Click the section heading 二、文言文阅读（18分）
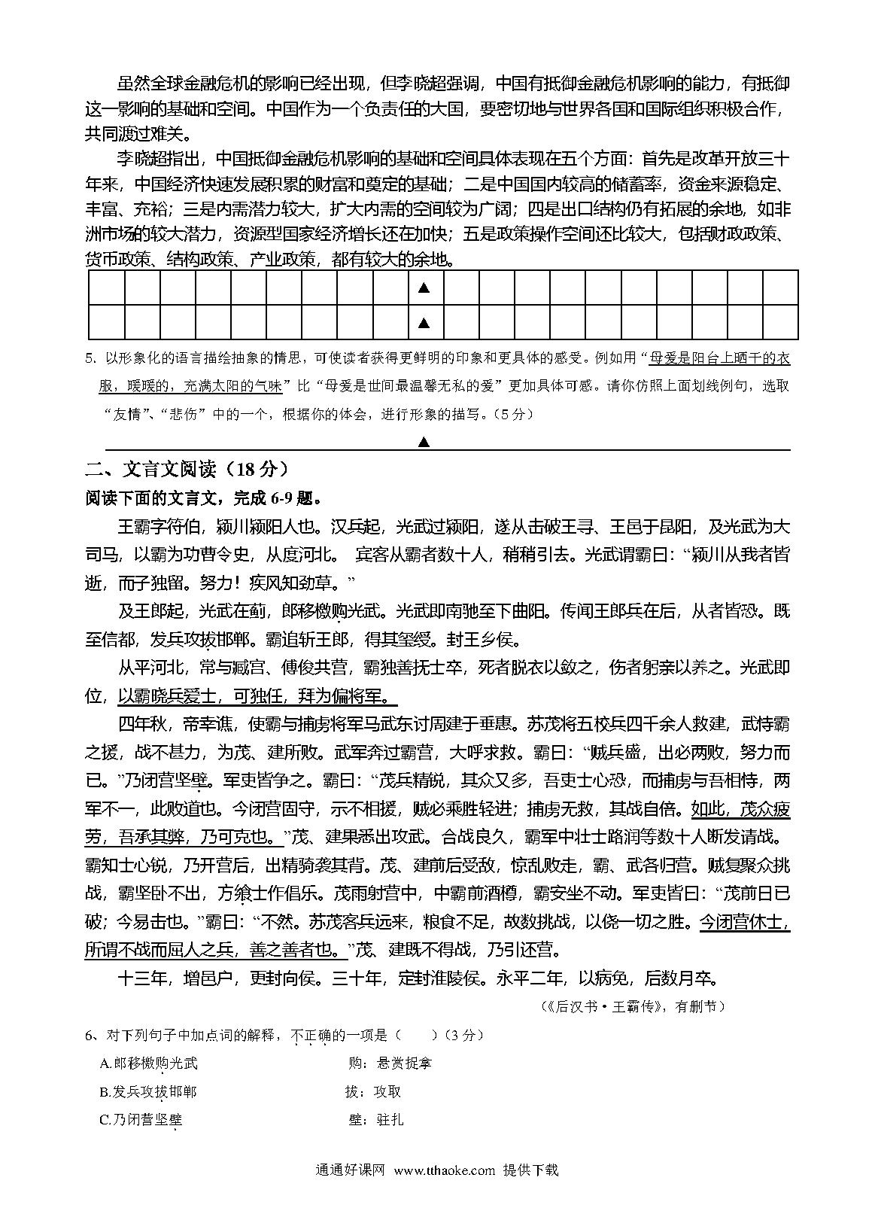(x=187, y=470)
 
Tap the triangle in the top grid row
(x=424, y=288)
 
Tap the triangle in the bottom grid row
(x=424, y=323)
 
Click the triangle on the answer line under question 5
(x=424, y=442)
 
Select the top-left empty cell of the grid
(x=106, y=288)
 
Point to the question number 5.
(x=90, y=358)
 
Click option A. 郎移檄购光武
(x=149, y=1063)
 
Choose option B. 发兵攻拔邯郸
(x=149, y=1091)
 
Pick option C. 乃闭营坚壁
(x=141, y=1120)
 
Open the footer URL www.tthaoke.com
(x=445, y=1170)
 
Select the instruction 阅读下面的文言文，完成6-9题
(x=204, y=498)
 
